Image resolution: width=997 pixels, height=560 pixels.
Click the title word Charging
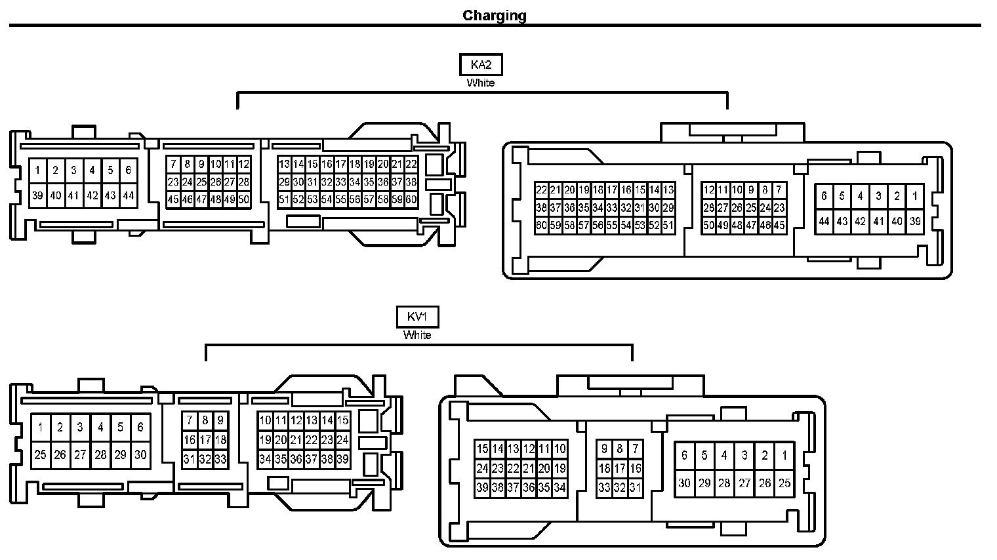[x=495, y=16]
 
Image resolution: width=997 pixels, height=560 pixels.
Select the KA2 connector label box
[x=481, y=65]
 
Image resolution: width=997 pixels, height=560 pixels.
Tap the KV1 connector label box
[x=417, y=317]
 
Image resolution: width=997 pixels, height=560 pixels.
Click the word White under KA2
[x=481, y=83]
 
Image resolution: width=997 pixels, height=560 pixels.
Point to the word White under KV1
[x=417, y=335]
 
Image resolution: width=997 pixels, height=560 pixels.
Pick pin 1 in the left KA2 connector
[x=38, y=170]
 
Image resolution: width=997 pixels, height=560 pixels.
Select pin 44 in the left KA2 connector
[x=128, y=195]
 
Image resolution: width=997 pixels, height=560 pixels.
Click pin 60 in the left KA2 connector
[x=411, y=199]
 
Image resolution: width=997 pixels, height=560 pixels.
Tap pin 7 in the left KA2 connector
[x=173, y=165]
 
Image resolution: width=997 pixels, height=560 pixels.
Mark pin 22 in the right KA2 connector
[x=541, y=190]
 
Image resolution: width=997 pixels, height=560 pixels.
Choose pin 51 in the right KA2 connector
[x=668, y=226]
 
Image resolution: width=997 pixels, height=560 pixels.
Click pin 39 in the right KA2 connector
[x=915, y=222]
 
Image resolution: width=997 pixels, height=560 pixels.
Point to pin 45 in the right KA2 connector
[x=779, y=226]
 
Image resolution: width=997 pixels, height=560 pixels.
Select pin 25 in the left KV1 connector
[x=40, y=454]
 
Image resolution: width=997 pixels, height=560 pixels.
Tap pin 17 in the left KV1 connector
[x=205, y=440]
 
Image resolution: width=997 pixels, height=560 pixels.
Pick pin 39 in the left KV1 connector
[x=342, y=460]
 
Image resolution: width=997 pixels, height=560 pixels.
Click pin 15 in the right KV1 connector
[x=482, y=449]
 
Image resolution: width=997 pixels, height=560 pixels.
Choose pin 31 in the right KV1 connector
[x=635, y=488]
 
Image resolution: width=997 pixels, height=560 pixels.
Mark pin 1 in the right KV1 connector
[x=784, y=455]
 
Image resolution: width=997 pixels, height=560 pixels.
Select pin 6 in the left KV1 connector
[x=140, y=428]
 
